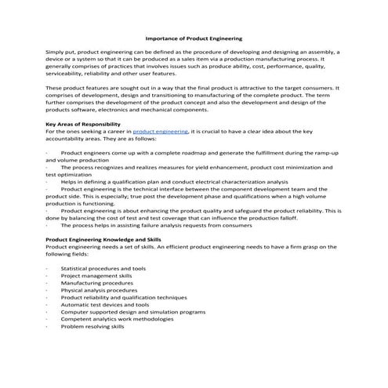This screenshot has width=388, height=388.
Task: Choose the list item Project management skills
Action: click(x=96, y=276)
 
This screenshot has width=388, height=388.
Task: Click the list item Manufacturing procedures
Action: click(x=97, y=283)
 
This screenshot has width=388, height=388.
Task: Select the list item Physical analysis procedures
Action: click(x=99, y=290)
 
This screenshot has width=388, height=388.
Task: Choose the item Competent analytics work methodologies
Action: click(x=118, y=319)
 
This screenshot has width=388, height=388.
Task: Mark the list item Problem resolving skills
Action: click(x=92, y=327)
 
